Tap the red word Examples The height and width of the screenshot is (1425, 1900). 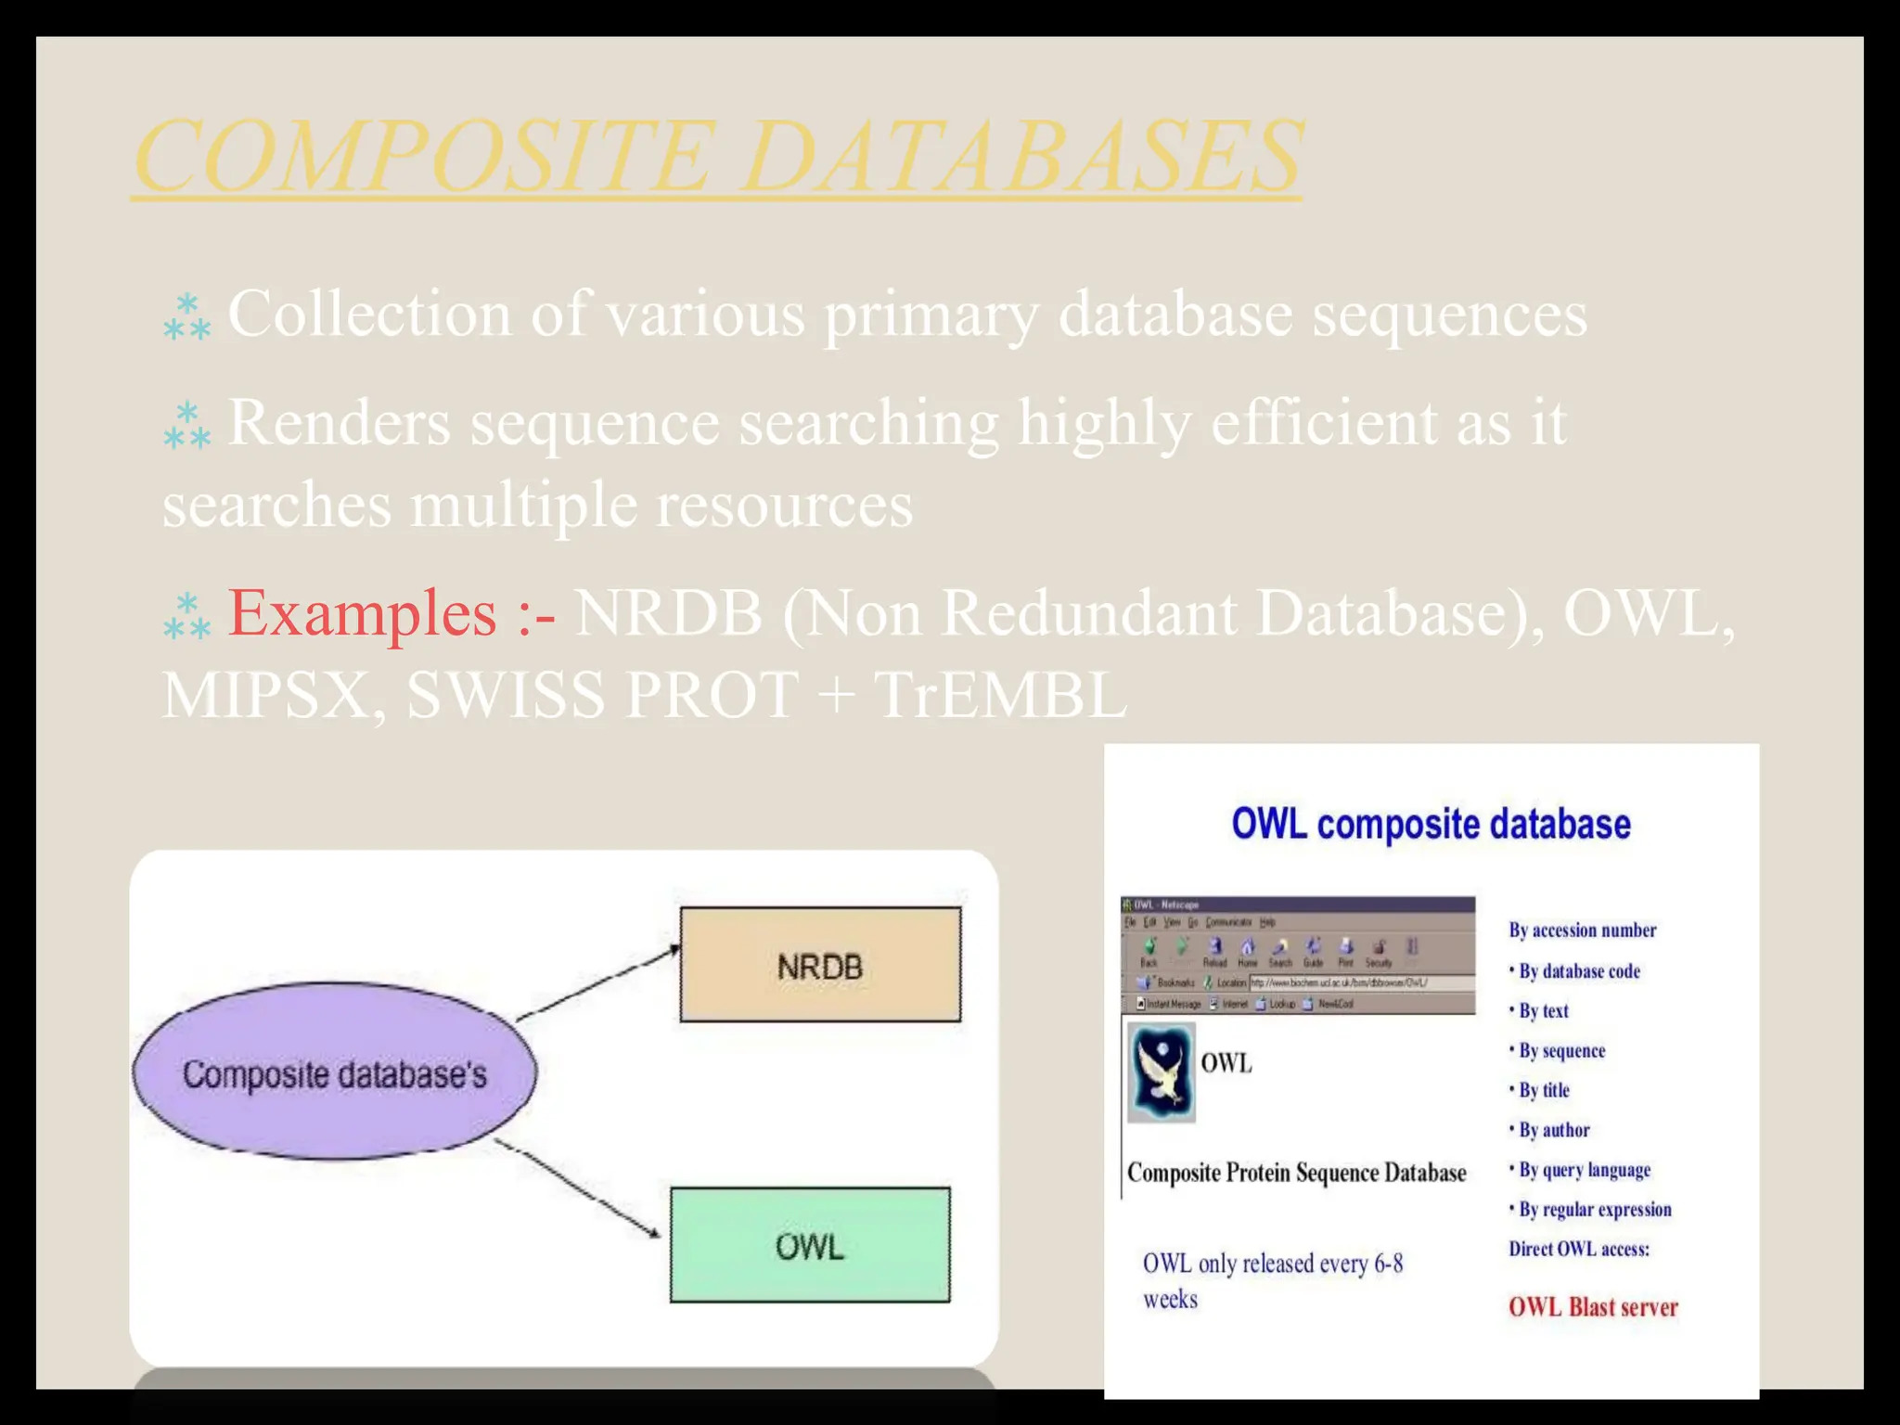point(362,613)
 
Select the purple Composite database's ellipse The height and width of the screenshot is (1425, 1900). point(334,1072)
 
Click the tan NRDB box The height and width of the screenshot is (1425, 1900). point(820,965)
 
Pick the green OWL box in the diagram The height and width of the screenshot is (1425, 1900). point(810,1245)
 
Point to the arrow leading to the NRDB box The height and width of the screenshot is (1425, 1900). point(598,983)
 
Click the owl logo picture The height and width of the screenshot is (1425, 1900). point(1161,1072)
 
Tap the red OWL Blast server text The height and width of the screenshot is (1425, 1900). point(1593,1307)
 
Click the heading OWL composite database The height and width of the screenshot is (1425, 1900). point(1431,824)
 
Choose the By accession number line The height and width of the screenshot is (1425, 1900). point(1582,930)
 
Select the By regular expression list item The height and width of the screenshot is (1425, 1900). point(1594,1210)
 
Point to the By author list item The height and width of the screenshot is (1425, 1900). point(1554,1130)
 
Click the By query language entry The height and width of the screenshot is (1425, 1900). point(1584,1170)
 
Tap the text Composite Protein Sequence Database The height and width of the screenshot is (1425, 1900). point(1296,1173)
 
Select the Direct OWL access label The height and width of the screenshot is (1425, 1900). point(1578,1249)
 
